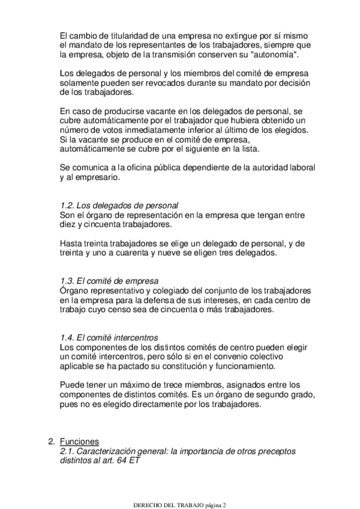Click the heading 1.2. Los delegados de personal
tap(119, 205)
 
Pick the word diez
tap(69, 225)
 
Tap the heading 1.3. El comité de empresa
tap(109, 280)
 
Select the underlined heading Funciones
tap(80, 442)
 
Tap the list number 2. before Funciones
tap(52, 442)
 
